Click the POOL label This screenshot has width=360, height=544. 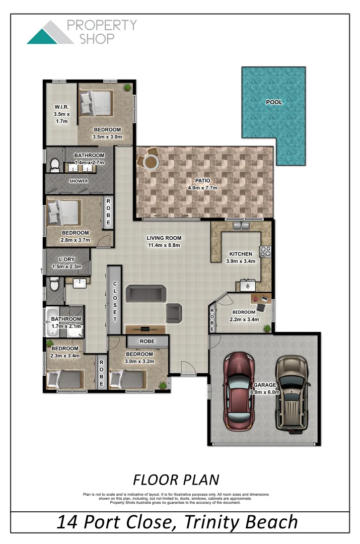[274, 102]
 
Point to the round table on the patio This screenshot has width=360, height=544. [150, 162]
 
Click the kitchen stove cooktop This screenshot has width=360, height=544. [265, 251]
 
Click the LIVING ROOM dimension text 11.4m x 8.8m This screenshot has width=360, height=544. [164, 245]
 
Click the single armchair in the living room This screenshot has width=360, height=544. [174, 313]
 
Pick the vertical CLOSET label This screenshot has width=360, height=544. [115, 301]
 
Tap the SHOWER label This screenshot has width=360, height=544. [79, 181]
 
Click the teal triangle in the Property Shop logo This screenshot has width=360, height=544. [40, 37]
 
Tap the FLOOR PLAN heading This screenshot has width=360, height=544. [176, 479]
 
